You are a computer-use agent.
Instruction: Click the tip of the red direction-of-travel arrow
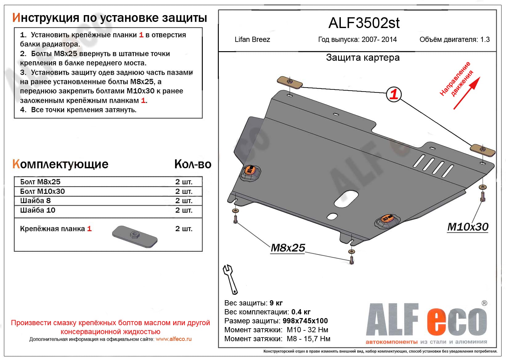pyautogui.click(x=480, y=77)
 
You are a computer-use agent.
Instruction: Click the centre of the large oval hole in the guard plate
pyautogui.click(x=346, y=198)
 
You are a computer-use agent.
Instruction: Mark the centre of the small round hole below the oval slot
pyautogui.click(x=332, y=216)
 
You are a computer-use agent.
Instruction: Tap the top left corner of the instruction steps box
pyautogui.click(x=14, y=28)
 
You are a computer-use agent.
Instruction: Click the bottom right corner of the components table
pyautogui.click(x=202, y=251)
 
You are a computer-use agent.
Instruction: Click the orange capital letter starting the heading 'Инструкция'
pyautogui.click(x=16, y=18)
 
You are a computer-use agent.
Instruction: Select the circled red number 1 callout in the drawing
pyautogui.click(x=394, y=94)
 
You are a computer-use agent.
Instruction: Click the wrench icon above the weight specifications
pyautogui.click(x=230, y=279)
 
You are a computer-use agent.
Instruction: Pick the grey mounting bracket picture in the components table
pyautogui.click(x=135, y=236)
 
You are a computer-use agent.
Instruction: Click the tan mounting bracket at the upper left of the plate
pyautogui.click(x=290, y=83)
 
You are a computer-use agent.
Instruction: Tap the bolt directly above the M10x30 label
pyautogui.click(x=482, y=196)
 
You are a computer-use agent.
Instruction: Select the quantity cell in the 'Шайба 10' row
pyautogui.click(x=184, y=210)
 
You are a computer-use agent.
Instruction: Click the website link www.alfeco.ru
pyautogui.click(x=173, y=339)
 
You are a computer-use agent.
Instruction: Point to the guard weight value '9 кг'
pyautogui.click(x=276, y=303)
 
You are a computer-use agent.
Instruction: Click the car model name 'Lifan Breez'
pyautogui.click(x=252, y=39)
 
